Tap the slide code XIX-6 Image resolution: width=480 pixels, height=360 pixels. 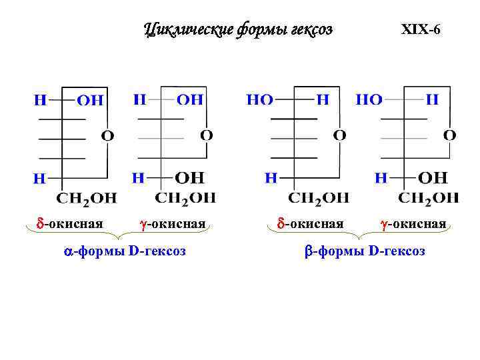point(420,30)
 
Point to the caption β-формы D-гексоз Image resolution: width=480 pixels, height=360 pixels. point(365,251)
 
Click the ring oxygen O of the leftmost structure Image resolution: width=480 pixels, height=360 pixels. point(107,136)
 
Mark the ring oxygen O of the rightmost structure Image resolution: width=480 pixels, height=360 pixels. point(450,135)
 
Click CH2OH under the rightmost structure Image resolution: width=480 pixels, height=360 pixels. point(429,197)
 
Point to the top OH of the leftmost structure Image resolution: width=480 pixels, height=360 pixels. point(91,101)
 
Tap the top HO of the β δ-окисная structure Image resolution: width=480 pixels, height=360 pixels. point(260,100)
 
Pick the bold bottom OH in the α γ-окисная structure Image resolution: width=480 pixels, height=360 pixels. point(190,178)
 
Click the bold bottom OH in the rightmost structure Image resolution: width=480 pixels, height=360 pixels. point(433,178)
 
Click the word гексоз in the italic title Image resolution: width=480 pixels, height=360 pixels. point(311,29)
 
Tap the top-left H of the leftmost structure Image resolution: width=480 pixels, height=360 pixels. point(41,101)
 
